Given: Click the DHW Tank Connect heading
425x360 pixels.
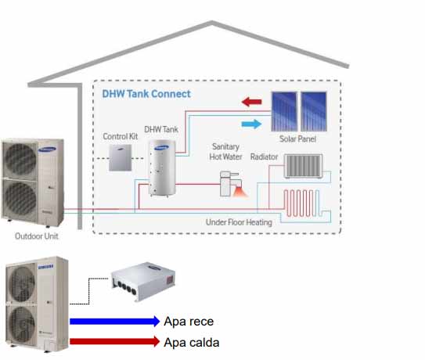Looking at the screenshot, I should tap(146, 94).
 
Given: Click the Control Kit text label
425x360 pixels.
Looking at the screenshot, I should tap(121, 137).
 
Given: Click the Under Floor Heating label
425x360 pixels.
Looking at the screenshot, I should tap(239, 222).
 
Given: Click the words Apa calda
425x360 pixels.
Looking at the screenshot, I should tap(192, 342).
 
